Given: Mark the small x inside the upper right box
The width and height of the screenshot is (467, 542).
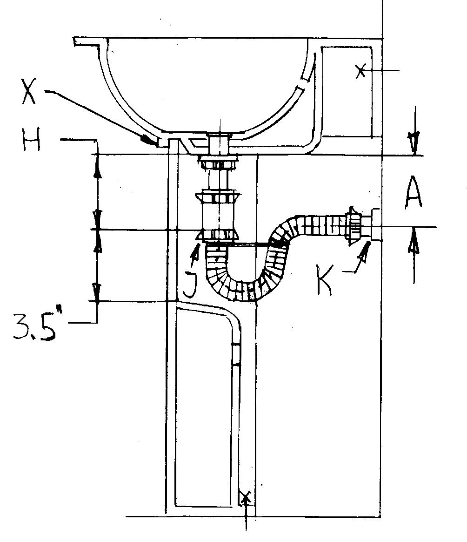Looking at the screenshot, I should [360, 71].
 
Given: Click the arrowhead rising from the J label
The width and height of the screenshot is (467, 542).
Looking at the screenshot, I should [198, 252].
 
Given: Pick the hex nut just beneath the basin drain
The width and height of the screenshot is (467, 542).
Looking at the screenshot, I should [219, 164].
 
